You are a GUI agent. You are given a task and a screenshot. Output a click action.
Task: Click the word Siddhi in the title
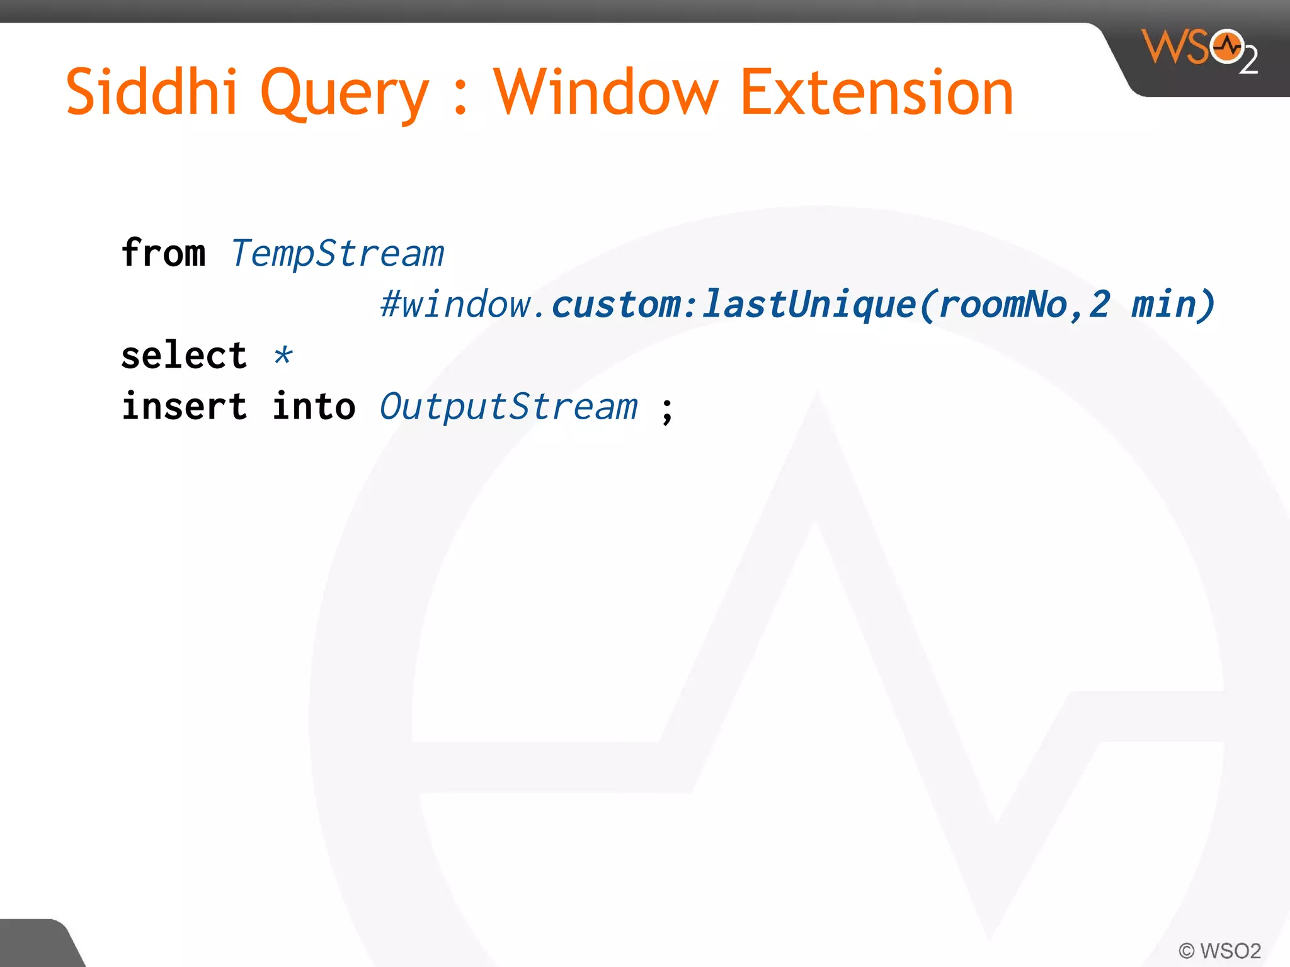click(x=151, y=93)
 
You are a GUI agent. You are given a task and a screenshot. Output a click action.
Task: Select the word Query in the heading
click(x=344, y=94)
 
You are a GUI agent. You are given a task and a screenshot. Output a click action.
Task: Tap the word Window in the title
click(x=605, y=93)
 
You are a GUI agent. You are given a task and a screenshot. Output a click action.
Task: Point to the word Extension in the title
click(x=877, y=93)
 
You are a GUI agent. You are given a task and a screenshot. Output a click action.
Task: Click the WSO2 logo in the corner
click(x=1200, y=50)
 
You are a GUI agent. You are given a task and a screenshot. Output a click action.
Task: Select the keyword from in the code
click(x=163, y=253)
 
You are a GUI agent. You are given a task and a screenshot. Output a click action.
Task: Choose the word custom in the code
click(x=615, y=305)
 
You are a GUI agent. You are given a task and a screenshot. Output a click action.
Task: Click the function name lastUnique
click(x=808, y=305)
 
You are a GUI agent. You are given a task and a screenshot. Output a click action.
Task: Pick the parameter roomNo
click(x=1002, y=305)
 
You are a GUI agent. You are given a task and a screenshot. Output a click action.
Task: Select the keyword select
click(x=184, y=356)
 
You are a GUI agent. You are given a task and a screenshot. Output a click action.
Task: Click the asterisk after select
click(x=283, y=356)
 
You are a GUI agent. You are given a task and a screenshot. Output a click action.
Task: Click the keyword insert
click(x=184, y=407)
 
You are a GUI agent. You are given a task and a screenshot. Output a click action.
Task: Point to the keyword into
click(x=314, y=407)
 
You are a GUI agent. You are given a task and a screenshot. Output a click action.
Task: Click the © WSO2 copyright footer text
click(x=1219, y=950)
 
